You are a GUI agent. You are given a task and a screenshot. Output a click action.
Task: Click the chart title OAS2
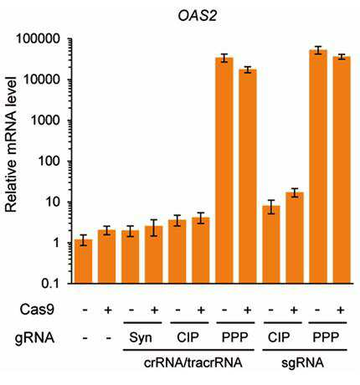pyautogui.click(x=198, y=17)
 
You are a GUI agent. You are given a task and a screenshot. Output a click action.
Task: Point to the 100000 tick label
pyautogui.click(x=38, y=38)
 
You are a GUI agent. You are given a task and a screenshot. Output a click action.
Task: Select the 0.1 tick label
pyautogui.click(x=51, y=284)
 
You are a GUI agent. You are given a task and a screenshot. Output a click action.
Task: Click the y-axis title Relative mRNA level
pyautogui.click(x=11, y=145)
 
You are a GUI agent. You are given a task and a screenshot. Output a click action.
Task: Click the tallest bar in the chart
pyautogui.click(x=318, y=167)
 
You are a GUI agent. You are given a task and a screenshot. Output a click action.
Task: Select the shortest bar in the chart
pyautogui.click(x=84, y=261)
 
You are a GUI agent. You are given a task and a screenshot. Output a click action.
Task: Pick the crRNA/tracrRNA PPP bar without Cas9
pyautogui.click(x=224, y=171)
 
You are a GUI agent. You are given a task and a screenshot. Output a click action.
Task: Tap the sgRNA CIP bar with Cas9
pyautogui.click(x=295, y=238)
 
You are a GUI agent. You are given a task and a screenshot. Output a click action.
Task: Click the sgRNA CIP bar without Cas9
pyautogui.click(x=271, y=244)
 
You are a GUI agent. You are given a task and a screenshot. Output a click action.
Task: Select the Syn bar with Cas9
pyautogui.click(x=154, y=254)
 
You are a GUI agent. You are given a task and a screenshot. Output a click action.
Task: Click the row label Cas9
pyautogui.click(x=37, y=310)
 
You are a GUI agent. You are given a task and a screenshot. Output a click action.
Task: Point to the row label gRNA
pyautogui.click(x=34, y=338)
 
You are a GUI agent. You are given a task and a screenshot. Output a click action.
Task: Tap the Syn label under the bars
pyautogui.click(x=141, y=338)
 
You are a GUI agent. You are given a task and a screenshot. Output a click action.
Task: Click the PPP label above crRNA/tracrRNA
pyautogui.click(x=234, y=337)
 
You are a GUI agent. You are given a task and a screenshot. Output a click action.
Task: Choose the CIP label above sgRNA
pyautogui.click(x=279, y=337)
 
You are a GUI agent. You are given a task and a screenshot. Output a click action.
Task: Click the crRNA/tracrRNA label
pyautogui.click(x=193, y=363)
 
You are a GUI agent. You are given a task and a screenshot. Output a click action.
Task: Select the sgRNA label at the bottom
pyautogui.click(x=302, y=363)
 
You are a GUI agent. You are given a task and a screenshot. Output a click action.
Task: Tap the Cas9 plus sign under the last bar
pyautogui.click(x=340, y=310)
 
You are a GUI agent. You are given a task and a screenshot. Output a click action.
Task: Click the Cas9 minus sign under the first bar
pyautogui.click(x=85, y=310)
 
